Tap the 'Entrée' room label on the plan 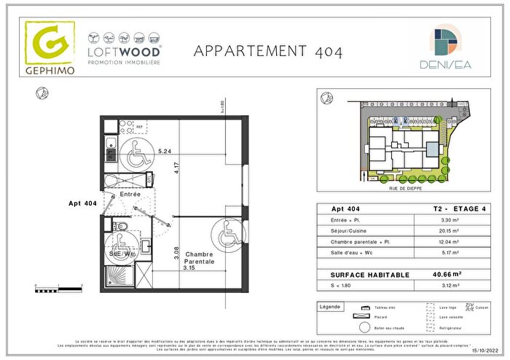tap(130, 195)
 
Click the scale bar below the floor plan tap(59, 290)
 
